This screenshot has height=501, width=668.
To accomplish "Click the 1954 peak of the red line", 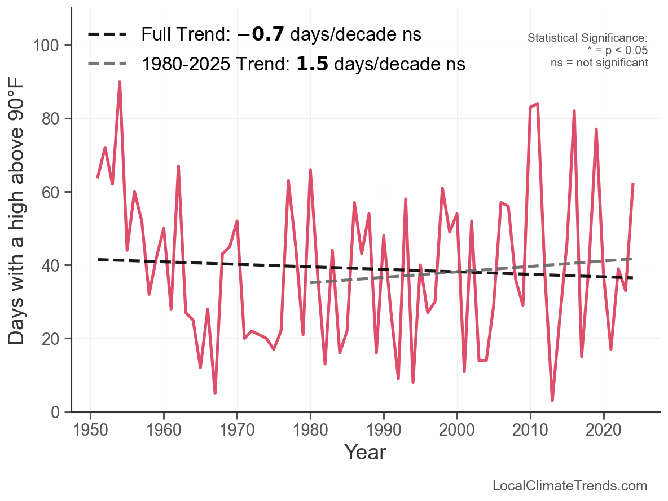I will [120, 82].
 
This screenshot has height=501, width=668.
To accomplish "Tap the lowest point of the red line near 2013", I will [552, 401].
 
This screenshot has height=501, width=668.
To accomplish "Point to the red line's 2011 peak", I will [538, 104].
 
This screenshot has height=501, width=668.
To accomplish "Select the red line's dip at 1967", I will [215, 393].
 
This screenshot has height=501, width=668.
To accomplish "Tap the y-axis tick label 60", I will [52, 192].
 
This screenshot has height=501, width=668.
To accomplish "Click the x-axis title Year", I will [365, 452].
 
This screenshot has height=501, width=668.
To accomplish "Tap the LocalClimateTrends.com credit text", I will [570, 486].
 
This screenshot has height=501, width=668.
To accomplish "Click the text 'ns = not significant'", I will [599, 63].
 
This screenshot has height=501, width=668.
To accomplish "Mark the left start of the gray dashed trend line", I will [311, 282].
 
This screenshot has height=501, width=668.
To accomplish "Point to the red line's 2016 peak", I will [574, 111].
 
